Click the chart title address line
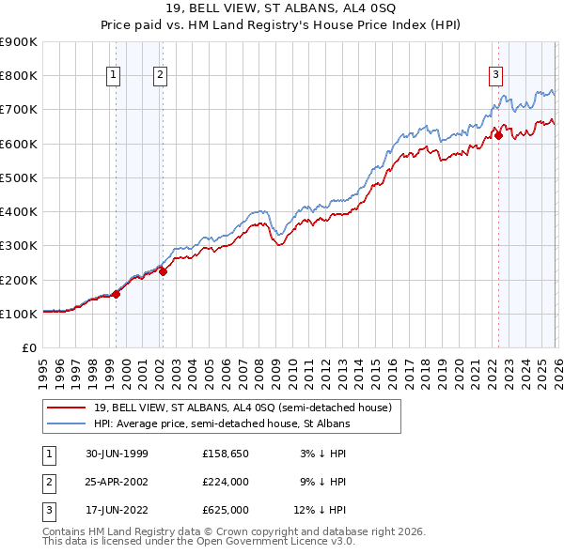pos(282,9)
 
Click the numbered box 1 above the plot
pos(113,76)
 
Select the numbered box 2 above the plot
pos(160,76)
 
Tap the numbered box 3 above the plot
pos(494,76)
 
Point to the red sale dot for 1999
pos(117,294)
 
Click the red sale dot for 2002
pos(163,272)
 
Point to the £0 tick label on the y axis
pos(28,347)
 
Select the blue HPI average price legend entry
pos(222,424)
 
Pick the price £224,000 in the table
pos(226,482)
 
